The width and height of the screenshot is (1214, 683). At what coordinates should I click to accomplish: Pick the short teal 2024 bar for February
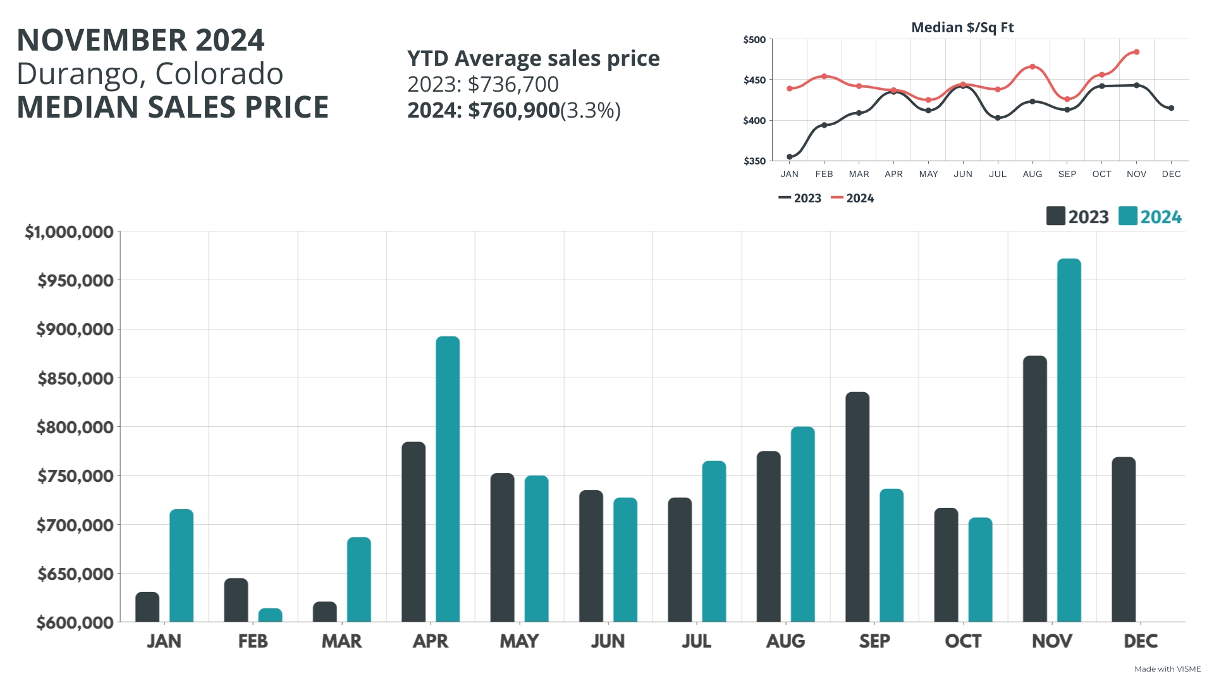[270, 615]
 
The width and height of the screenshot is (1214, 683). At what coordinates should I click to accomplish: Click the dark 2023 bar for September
[857, 507]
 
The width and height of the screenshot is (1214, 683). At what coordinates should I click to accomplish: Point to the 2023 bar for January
[147, 607]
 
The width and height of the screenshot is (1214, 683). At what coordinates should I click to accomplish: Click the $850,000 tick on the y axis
[75, 378]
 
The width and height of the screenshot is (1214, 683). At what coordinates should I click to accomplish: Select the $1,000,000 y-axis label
[69, 232]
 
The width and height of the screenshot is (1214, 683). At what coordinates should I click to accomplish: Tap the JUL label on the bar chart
[696, 641]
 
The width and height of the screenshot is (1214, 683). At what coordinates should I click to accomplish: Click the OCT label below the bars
[962, 641]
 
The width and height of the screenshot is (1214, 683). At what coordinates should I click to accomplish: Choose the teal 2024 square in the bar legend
[1127, 216]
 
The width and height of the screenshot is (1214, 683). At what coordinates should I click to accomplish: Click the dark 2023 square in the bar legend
[1055, 216]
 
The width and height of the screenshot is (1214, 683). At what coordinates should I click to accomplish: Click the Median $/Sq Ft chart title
[962, 27]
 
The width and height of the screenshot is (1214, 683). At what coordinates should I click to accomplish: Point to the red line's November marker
[1136, 52]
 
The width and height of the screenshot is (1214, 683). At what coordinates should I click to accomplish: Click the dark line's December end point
[1171, 108]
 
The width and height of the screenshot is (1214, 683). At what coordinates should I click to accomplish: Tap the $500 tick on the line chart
[754, 40]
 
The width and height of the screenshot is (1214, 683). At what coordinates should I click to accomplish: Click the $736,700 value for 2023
[513, 84]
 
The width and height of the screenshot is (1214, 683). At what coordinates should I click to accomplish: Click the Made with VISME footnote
[1167, 669]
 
